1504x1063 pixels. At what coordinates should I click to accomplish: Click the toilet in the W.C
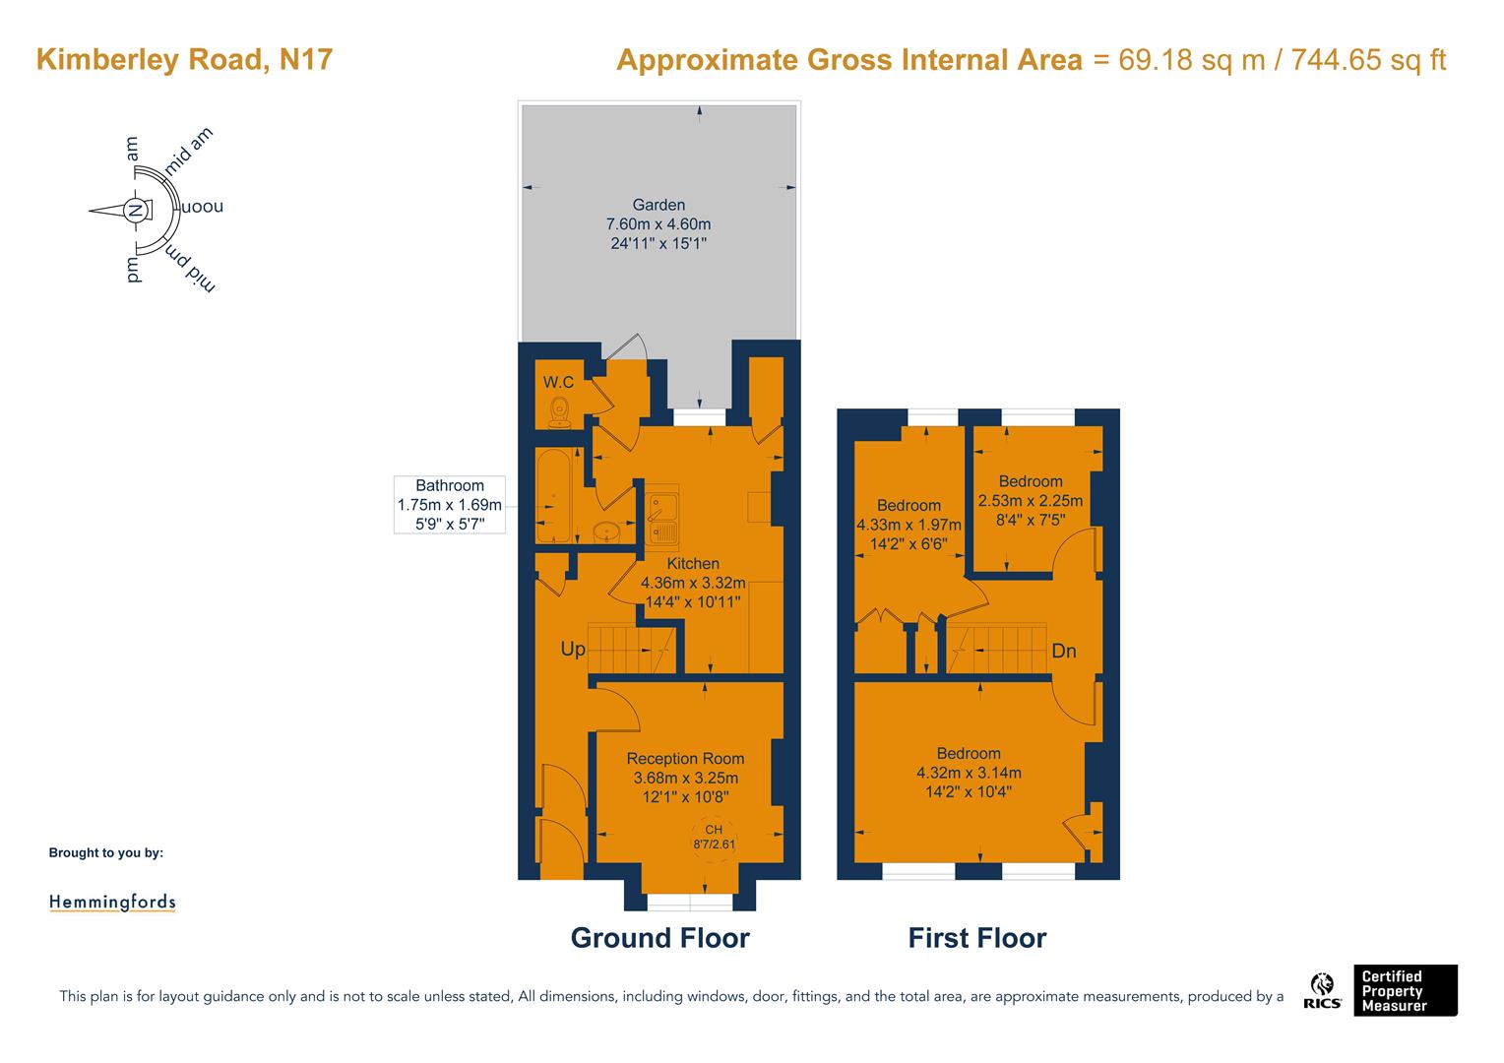[x=559, y=412]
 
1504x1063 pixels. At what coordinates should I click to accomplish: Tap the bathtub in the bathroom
[x=552, y=495]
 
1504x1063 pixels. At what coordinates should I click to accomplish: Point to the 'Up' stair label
[x=573, y=649]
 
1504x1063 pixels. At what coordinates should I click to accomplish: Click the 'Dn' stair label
[x=1064, y=651]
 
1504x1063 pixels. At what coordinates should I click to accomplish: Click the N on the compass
[x=135, y=211]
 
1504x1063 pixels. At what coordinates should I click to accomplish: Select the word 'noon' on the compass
[x=202, y=206]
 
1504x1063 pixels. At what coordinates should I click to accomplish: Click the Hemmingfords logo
[x=113, y=902]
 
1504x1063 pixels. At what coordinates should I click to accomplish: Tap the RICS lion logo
[x=1322, y=990]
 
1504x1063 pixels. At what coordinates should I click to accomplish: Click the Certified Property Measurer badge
[x=1406, y=990]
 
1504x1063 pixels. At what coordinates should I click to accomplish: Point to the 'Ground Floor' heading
[x=660, y=938]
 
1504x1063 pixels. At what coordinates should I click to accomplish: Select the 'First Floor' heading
[x=977, y=938]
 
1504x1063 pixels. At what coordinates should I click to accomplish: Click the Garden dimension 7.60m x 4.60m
[x=658, y=224]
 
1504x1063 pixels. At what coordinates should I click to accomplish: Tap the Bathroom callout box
[x=449, y=504]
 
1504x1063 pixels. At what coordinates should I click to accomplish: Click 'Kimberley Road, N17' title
[x=185, y=59]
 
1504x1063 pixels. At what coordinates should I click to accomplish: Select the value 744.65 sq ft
[x=1368, y=59]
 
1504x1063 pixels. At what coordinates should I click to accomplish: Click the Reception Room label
[x=685, y=759]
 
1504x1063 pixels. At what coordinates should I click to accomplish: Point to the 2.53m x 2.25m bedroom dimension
[x=1030, y=501]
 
